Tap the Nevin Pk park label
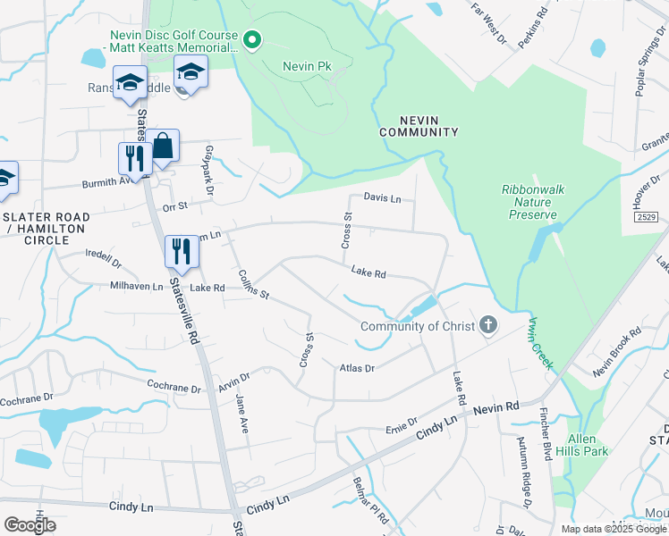coord(307,67)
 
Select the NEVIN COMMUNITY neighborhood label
coord(419,125)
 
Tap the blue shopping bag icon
coord(163,146)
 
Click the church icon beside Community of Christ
coord(487,325)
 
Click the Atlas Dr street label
coord(357,367)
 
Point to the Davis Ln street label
coord(382,198)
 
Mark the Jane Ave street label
coord(241,414)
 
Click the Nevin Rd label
coord(496,407)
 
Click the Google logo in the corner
coord(30,524)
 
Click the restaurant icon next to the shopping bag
coord(132,159)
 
